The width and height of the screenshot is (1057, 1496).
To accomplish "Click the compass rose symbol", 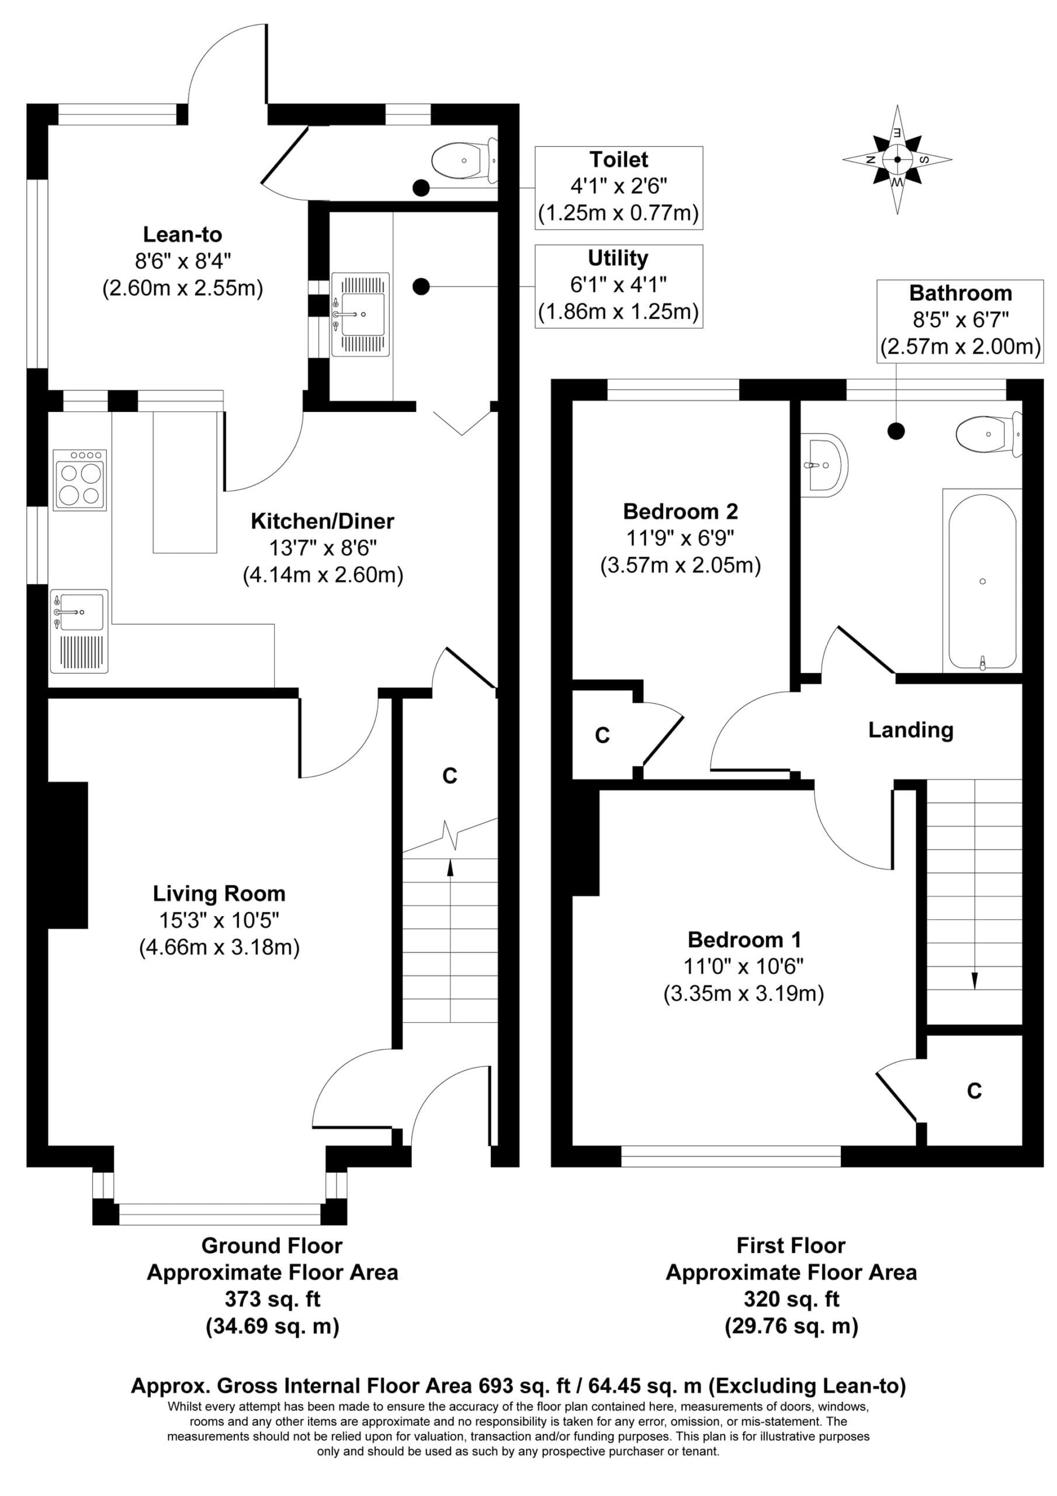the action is pyautogui.click(x=897, y=159).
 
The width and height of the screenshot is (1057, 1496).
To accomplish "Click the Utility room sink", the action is pyautogui.click(x=361, y=315).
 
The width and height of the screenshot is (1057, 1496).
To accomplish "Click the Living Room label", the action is pyautogui.click(x=219, y=893).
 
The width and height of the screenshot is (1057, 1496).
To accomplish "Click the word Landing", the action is pyautogui.click(x=910, y=730).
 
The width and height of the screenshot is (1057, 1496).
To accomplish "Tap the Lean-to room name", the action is pyautogui.click(x=182, y=234).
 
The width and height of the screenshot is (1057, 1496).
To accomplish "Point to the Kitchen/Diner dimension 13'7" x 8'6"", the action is pyautogui.click(x=323, y=548).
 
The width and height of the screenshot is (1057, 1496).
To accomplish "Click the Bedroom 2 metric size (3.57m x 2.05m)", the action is pyautogui.click(x=680, y=565).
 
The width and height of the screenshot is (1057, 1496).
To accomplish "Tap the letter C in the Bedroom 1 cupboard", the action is pyautogui.click(x=974, y=1092).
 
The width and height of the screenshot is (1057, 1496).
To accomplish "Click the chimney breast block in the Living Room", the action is pyautogui.click(x=67, y=854).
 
